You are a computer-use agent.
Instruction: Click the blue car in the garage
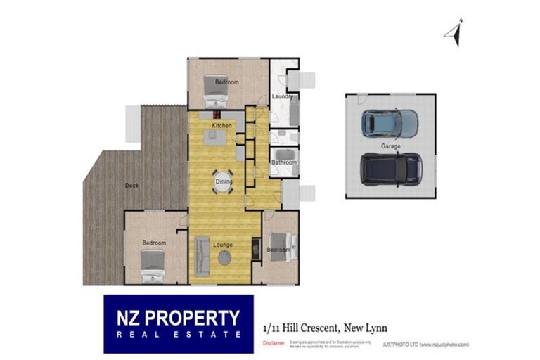pos(390,123)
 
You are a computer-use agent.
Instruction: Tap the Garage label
pos(391,146)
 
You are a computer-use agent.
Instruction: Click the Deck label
pos(131,186)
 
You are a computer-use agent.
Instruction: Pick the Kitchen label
pos(222,125)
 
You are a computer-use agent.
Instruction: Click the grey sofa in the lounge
pos(202,257)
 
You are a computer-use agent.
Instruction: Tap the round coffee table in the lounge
pos(224,258)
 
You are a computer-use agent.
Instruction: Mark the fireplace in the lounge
pos(255,246)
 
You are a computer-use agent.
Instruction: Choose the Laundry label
pos(282,96)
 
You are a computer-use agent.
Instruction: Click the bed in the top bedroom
pos(214,90)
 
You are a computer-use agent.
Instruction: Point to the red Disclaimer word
pos(274,344)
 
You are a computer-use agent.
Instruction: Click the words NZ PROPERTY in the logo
pos(179,317)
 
